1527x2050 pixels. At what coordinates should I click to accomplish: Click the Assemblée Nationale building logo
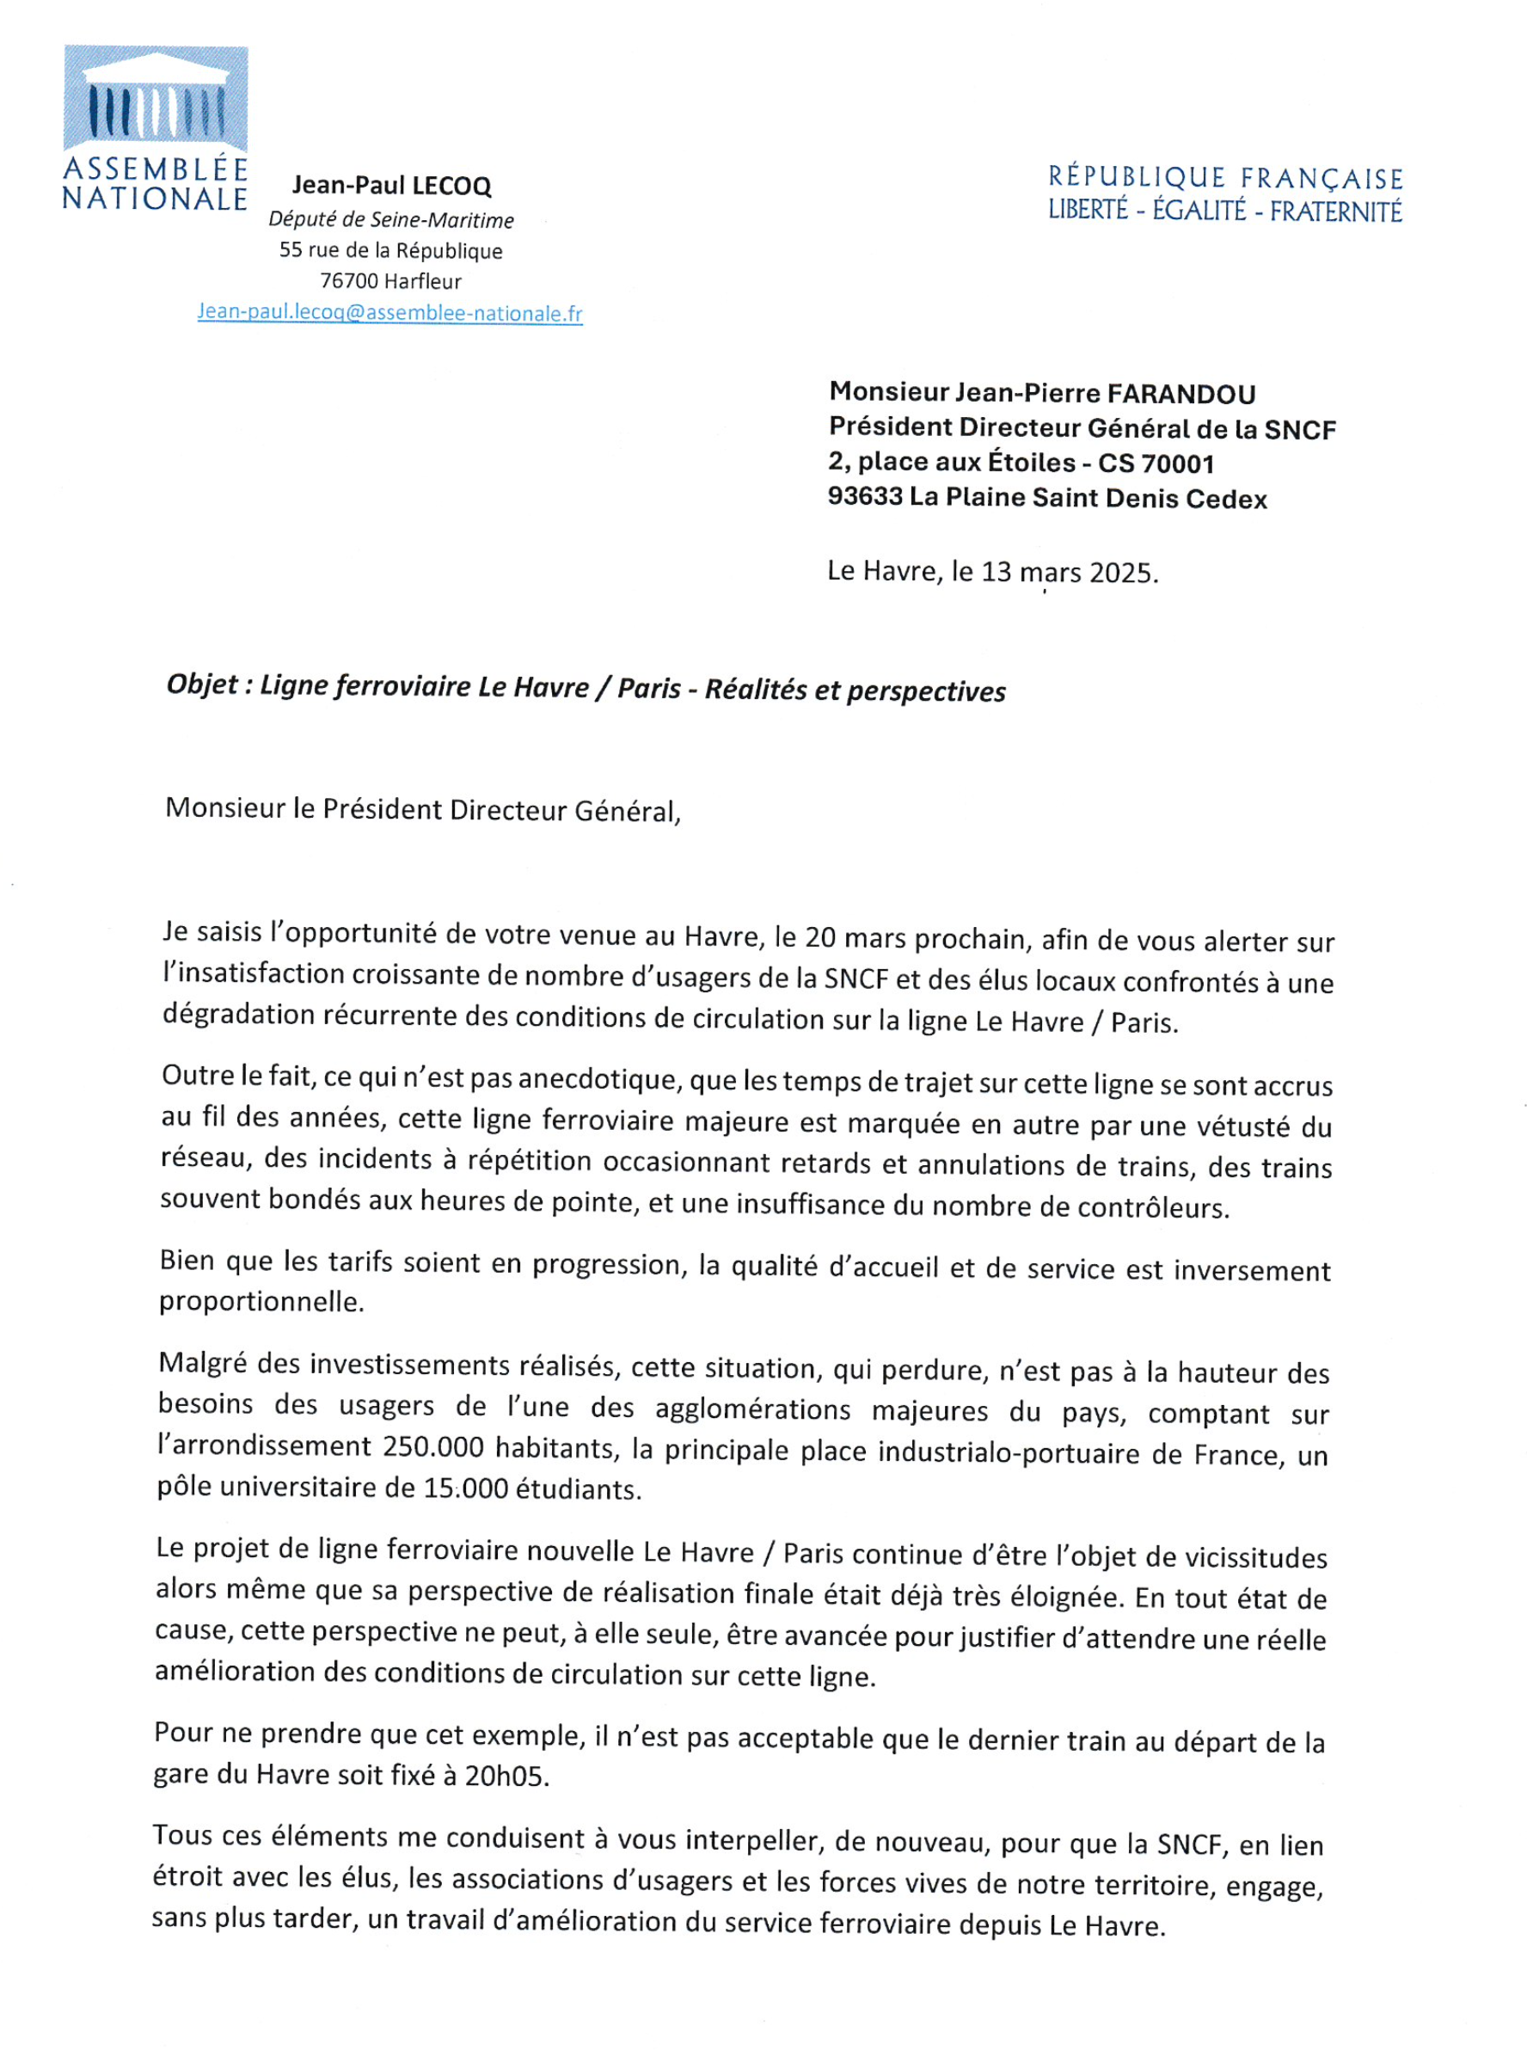156,98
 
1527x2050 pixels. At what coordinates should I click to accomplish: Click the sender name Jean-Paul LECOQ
391,186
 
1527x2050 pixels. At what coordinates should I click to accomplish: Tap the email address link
389,313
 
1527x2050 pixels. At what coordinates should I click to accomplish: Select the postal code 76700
348,281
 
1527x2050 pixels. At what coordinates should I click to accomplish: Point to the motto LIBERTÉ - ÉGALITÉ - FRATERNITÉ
1224,212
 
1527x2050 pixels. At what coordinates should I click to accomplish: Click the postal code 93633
864,497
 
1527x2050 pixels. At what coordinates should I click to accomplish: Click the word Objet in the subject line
202,684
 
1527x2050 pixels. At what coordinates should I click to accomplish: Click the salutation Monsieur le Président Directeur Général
422,811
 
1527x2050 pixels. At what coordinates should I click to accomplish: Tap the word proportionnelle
261,1302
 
